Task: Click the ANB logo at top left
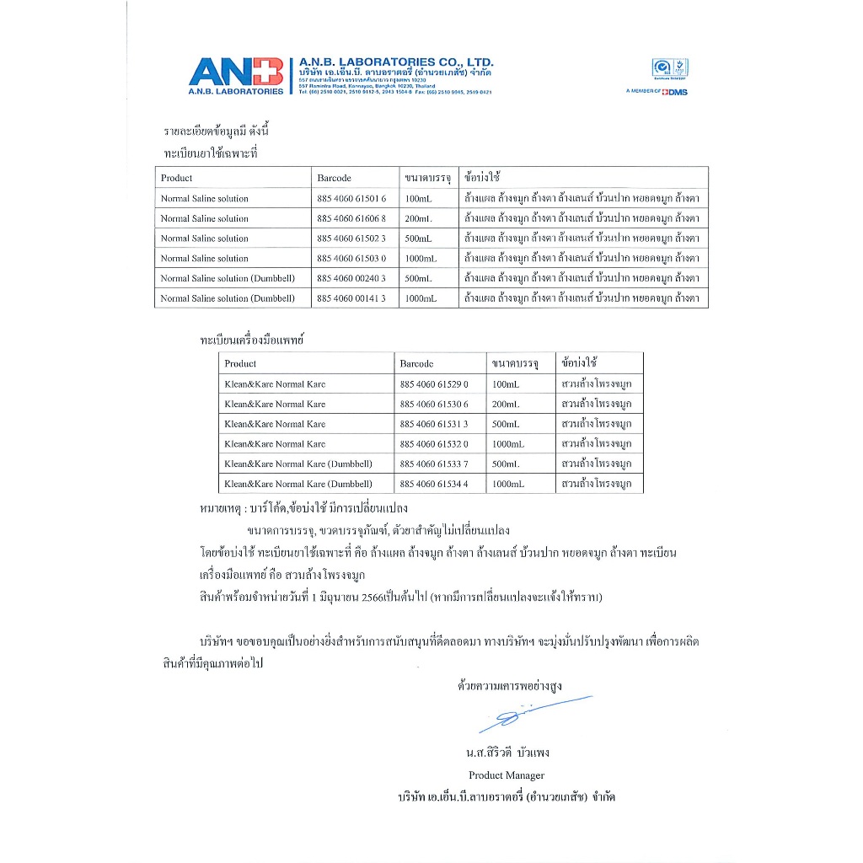click(236, 75)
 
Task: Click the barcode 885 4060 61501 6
click(351, 199)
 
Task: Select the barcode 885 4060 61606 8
click(351, 218)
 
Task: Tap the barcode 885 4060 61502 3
click(351, 239)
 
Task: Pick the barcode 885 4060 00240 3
click(351, 278)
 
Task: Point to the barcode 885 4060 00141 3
click(351, 298)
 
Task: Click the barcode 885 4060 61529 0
click(433, 384)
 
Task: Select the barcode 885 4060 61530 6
click(433, 405)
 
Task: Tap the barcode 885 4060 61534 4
click(433, 485)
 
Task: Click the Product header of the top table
click(176, 179)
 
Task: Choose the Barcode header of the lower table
click(416, 364)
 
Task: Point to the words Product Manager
click(507, 775)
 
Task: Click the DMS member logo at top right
click(657, 92)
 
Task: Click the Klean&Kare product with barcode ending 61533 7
click(297, 464)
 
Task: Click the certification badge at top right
click(670, 68)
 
